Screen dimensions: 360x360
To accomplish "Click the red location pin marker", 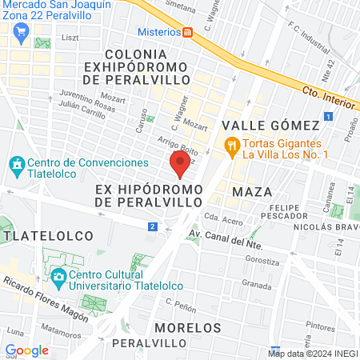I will (x=180, y=164).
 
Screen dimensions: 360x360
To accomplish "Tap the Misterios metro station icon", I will (x=188, y=32).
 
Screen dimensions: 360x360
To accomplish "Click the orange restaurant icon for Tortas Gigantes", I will (x=232, y=146).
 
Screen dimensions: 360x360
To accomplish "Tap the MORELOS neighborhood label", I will (x=187, y=328).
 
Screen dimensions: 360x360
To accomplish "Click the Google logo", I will (x=26, y=350).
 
